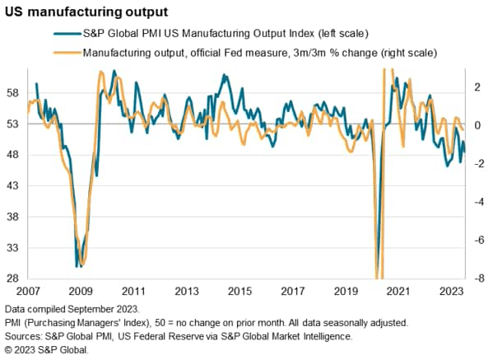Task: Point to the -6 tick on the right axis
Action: pyautogui.click(x=475, y=240)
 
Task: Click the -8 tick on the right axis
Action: pyautogui.click(x=475, y=278)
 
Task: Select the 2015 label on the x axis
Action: pyautogui.click(x=239, y=292)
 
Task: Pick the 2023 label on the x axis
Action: pyautogui.click(x=450, y=292)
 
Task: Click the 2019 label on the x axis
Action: pyautogui.click(x=345, y=292)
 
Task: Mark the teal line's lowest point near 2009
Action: pyautogui.click(x=78, y=266)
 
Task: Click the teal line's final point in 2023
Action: pyautogui.click(x=463, y=153)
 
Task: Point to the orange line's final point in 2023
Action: pyautogui.click(x=463, y=129)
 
